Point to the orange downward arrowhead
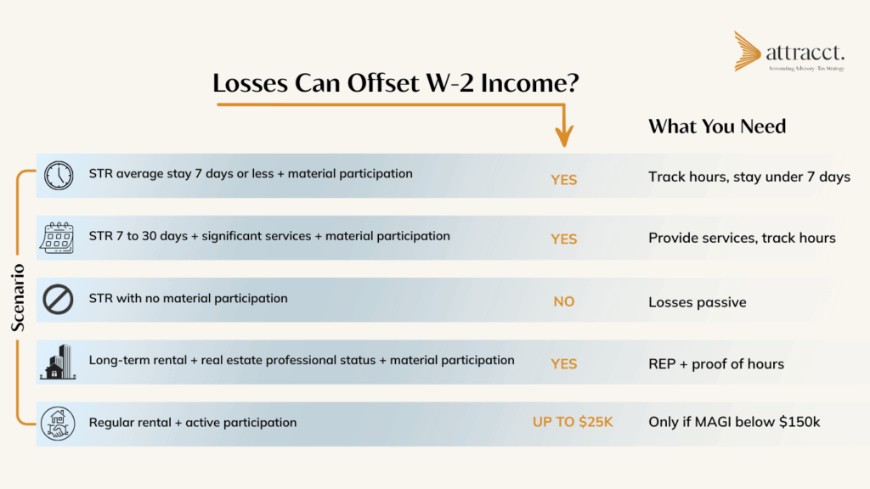click(x=564, y=135)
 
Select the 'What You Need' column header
click(x=717, y=126)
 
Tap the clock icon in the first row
click(x=59, y=176)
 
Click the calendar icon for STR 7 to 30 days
click(x=58, y=237)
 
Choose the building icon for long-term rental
click(x=58, y=363)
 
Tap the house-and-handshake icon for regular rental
click(x=58, y=423)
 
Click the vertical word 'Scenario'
click(x=17, y=298)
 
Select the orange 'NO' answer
click(x=564, y=301)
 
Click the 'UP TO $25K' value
click(x=573, y=422)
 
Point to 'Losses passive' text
click(x=697, y=302)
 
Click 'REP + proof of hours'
click(x=715, y=364)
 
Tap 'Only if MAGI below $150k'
click(x=732, y=423)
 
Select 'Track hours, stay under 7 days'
click(x=749, y=177)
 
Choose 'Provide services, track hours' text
click(x=742, y=239)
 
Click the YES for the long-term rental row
click(x=564, y=364)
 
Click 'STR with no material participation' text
click(x=188, y=299)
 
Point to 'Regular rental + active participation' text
click(x=193, y=422)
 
